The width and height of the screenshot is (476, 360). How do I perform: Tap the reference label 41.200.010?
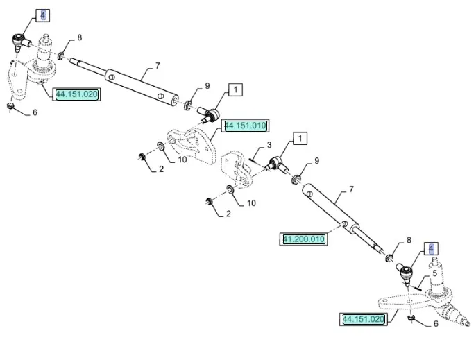click(x=304, y=239)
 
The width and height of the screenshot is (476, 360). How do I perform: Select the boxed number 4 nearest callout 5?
click(x=432, y=248)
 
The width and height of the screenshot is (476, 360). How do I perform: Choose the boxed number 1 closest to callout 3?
click(x=299, y=138)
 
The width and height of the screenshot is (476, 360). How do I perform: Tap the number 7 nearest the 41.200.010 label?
click(x=351, y=189)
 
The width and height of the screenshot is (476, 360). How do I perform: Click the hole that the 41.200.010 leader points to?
click(x=345, y=223)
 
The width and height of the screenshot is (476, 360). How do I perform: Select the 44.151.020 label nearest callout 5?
click(x=363, y=319)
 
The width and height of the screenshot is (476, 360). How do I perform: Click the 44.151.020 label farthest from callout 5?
click(x=77, y=94)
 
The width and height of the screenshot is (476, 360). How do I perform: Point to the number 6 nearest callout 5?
click(x=435, y=323)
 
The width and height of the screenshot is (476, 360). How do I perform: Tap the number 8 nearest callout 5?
click(x=408, y=241)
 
